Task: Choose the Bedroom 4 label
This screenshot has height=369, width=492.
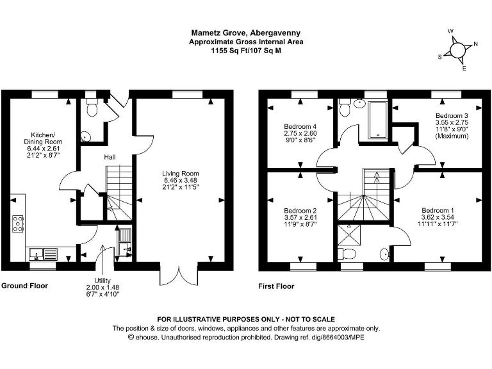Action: pyautogui.click(x=300, y=126)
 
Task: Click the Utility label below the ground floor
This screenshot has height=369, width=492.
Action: pyautogui.click(x=102, y=281)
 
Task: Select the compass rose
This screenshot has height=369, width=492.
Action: pyautogui.click(x=457, y=50)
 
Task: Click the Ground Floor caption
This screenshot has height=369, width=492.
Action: pyautogui.click(x=24, y=286)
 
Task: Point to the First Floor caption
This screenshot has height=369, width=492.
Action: pyautogui.click(x=276, y=286)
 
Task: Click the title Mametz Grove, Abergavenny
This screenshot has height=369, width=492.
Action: pyautogui.click(x=246, y=33)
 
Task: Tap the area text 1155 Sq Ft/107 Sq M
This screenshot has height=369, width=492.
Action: pyautogui.click(x=246, y=51)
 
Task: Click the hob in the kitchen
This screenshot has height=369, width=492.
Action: pyautogui.click(x=18, y=222)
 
